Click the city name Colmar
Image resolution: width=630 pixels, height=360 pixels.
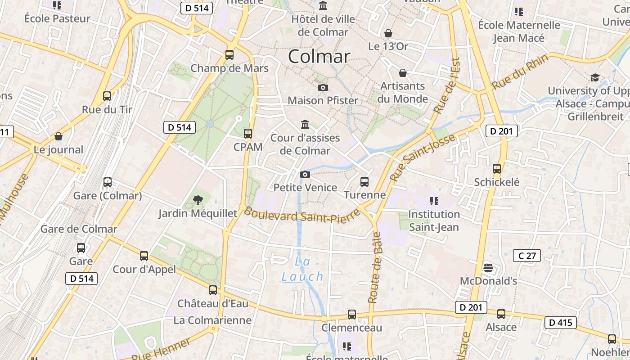point(319,56)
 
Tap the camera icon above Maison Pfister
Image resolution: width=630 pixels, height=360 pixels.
point(323,87)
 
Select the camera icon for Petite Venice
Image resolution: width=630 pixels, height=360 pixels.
point(305,174)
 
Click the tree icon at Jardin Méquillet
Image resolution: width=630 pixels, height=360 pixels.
point(197,200)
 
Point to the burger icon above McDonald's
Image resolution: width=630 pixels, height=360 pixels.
point(488,268)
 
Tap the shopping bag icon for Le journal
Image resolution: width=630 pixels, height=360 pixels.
point(58,136)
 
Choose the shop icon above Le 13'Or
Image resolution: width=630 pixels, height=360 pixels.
point(388,33)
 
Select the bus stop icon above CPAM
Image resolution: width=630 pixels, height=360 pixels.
point(247,134)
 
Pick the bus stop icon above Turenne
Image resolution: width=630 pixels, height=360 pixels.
point(364,182)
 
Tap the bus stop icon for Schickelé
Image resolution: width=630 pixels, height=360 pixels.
point(497,169)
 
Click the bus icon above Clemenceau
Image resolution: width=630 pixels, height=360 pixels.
point(352,315)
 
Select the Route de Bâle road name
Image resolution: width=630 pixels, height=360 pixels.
point(375,267)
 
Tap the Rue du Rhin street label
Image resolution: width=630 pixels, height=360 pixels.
point(520,71)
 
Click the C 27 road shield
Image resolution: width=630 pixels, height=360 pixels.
point(526,256)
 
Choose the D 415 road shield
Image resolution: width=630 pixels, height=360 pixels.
point(560,322)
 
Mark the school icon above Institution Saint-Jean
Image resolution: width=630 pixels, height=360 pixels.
point(434,201)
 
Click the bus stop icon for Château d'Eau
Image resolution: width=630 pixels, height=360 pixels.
point(213,290)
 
